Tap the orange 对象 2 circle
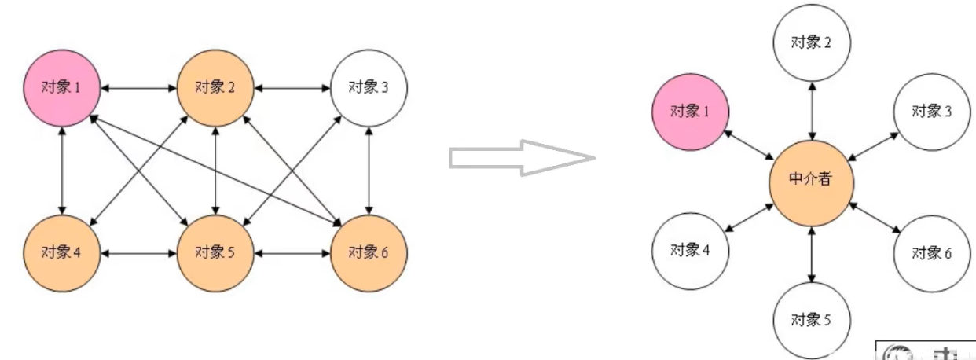(x=215, y=87)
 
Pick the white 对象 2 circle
(x=811, y=42)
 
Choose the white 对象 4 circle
(x=690, y=251)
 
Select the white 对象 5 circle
(x=811, y=319)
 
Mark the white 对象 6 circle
(x=932, y=253)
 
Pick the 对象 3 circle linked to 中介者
(x=932, y=112)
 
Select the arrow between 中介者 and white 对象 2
(x=811, y=110)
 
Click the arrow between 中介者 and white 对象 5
(x=811, y=252)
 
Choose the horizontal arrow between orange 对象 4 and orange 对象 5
(x=138, y=253)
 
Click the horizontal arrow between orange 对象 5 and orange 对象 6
(x=292, y=253)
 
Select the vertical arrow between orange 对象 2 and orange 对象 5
(x=215, y=170)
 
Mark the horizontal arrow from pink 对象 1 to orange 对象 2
(x=138, y=87)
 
